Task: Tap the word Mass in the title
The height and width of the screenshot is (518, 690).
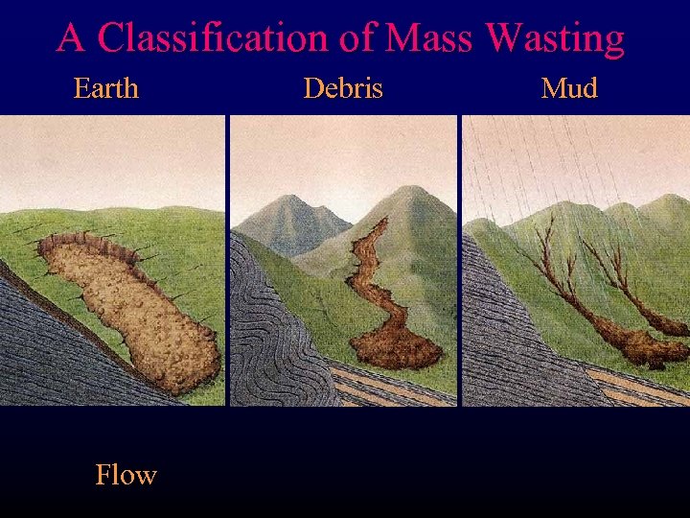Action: pyautogui.click(x=429, y=38)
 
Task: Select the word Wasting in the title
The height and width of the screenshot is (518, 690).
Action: pyautogui.click(x=555, y=38)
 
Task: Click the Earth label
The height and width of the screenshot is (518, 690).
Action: pyautogui.click(x=106, y=89)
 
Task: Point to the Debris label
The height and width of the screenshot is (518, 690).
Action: pyautogui.click(x=342, y=89)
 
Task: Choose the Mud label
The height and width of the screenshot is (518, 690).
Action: pyautogui.click(x=569, y=89)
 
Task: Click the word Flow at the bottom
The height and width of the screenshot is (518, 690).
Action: pyautogui.click(x=126, y=474)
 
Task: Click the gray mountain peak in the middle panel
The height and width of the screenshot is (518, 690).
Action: pyautogui.click(x=287, y=216)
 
